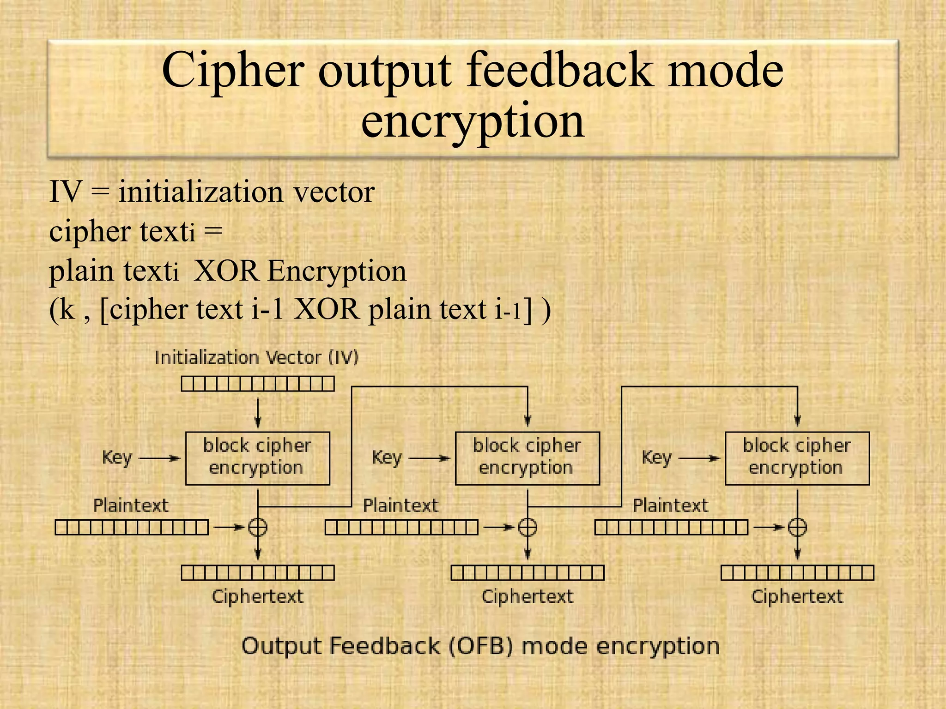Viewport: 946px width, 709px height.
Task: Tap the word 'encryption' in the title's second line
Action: pos(473,121)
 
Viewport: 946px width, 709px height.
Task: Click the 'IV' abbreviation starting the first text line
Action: pos(66,192)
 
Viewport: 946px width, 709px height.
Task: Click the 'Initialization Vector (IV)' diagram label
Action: pos(256,358)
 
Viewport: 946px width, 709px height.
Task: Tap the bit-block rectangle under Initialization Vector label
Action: pos(257,384)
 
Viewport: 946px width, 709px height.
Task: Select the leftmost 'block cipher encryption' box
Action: pos(257,458)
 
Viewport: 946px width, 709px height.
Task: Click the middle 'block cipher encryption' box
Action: pos(527,458)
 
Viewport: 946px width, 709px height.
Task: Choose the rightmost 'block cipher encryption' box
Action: pos(797,458)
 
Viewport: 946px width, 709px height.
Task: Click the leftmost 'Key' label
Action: pos(117,458)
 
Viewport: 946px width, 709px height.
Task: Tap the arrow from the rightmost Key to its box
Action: pos(699,458)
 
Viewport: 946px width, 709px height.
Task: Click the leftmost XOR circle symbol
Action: pos(258,527)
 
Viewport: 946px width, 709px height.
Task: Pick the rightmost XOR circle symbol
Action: pos(797,527)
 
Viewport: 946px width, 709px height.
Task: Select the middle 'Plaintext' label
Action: pos(400,506)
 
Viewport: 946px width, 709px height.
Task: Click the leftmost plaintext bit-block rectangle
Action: pos(132,527)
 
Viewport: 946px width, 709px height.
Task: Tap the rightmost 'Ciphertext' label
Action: pos(797,596)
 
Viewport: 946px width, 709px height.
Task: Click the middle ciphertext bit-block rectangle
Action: pos(527,573)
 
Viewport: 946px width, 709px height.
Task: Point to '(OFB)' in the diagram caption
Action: pos(481,646)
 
